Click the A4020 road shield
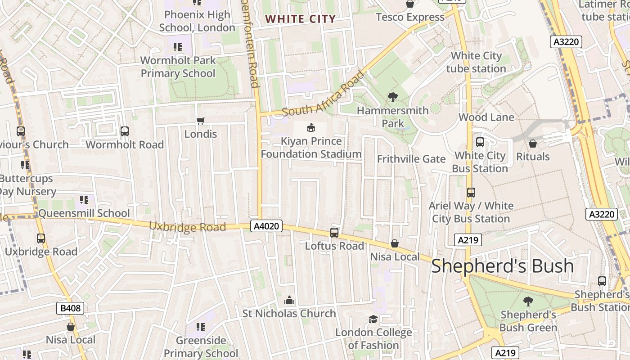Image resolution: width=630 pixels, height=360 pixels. pos(266,226)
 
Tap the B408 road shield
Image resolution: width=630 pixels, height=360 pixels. pos(70,308)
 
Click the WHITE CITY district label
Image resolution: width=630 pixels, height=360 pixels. pos(300,19)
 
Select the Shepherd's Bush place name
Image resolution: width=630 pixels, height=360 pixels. pos(502,266)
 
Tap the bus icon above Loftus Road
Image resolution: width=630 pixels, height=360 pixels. pos(334,233)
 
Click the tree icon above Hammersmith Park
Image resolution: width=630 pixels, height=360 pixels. pos(392,97)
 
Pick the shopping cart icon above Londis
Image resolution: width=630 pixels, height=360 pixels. pos(201,121)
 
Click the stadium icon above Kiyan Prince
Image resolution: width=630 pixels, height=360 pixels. pos(311,128)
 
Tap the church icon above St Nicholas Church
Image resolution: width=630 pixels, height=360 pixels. pos(289,300)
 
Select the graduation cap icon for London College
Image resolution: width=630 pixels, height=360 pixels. pos(373,319)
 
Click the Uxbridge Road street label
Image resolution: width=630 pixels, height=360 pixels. pos(187,227)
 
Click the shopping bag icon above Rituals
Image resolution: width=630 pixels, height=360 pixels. pos(533,144)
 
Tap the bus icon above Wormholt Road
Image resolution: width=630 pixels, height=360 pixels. pos(125,131)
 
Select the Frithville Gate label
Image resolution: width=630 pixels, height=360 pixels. pos(411,159)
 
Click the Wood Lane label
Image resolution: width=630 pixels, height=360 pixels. pos(486,117)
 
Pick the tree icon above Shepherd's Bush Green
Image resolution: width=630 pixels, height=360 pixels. pos(528,301)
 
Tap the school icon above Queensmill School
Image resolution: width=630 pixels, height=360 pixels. pos(84,199)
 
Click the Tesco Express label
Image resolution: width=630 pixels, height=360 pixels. pos(410,17)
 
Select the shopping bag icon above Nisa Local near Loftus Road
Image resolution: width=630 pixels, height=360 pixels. pos(395,243)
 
